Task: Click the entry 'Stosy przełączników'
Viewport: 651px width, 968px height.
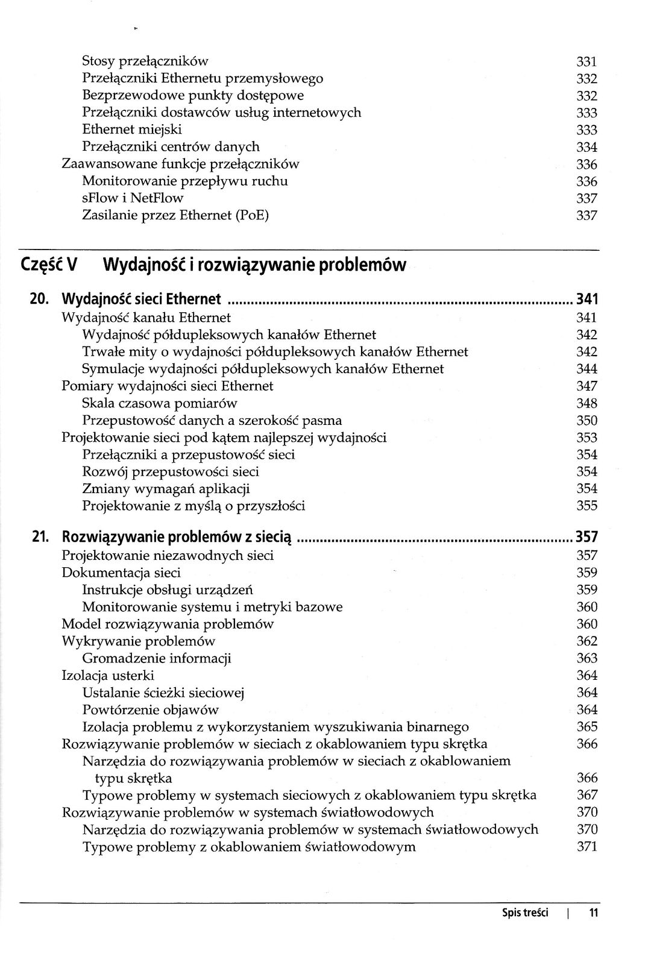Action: [x=145, y=61]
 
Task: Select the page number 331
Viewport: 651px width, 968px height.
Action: [x=587, y=61]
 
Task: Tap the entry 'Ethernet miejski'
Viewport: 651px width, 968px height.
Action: [x=131, y=130]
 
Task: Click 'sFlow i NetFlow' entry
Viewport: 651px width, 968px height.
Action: [x=133, y=198]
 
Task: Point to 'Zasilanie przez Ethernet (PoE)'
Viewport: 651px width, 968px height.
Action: [x=175, y=215]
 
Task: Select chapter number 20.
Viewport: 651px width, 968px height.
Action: [x=41, y=299]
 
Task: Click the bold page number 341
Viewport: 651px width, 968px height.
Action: [x=587, y=299]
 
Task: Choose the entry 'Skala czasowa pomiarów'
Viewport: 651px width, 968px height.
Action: [x=160, y=403]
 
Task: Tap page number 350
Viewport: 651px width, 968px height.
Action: [x=587, y=421]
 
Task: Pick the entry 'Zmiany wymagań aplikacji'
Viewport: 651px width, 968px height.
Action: [x=166, y=489]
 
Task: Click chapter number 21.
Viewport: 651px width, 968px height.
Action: [x=41, y=537]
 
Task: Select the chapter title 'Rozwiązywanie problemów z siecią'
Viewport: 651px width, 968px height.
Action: [x=177, y=537]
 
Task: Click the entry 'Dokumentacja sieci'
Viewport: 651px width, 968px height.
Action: [x=121, y=573]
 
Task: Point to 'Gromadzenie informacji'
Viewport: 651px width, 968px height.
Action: [x=157, y=658]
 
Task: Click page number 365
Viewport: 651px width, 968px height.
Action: [x=587, y=727]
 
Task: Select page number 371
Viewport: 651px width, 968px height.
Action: [x=587, y=847]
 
